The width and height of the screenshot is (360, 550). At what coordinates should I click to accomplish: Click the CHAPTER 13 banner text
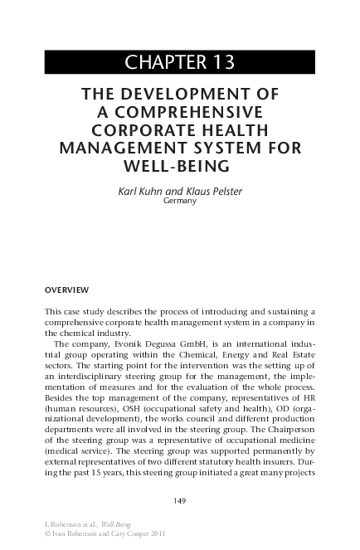coord(179,62)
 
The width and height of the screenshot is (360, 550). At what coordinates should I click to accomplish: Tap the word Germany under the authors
coord(180,201)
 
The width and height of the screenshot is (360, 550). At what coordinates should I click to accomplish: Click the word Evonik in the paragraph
coord(124,341)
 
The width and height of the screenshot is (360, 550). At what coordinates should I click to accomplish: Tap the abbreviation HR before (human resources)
coord(307,397)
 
